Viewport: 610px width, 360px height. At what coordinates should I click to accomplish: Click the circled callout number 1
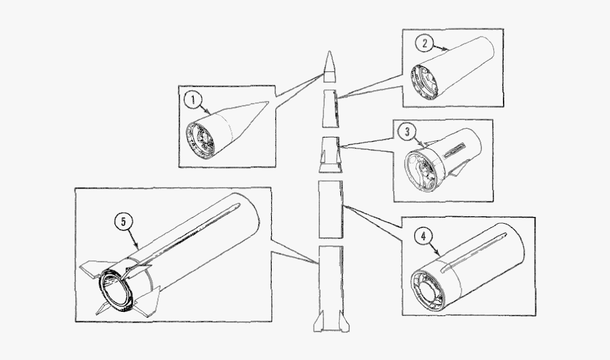tap(193, 101)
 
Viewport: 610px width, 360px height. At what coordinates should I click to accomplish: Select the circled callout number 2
tap(424, 44)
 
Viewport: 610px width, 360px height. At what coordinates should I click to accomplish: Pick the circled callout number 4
tap(423, 237)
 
